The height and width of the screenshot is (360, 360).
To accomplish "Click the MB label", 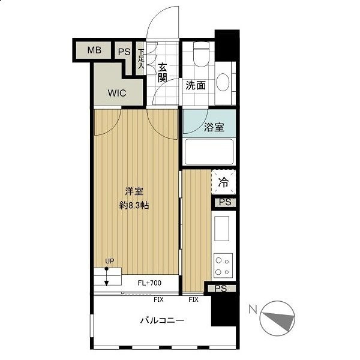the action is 94,50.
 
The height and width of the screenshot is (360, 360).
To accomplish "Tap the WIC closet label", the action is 117,93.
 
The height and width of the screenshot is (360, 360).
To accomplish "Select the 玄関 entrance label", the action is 163,73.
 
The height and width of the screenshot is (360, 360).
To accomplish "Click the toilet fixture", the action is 202,54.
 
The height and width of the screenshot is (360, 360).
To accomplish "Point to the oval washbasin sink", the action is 223,82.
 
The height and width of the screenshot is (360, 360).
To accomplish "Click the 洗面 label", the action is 196,85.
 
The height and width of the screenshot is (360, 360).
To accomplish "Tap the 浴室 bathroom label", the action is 214,127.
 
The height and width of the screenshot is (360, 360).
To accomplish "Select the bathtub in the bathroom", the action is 209,152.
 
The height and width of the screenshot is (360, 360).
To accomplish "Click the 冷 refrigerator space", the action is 224,182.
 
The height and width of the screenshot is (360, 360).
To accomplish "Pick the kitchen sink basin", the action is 221,229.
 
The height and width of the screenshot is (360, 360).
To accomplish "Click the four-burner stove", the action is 223,266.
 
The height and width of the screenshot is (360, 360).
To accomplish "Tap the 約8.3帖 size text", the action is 134,205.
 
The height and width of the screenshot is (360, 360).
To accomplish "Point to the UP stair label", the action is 110,261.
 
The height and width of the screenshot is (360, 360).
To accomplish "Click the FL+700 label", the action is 149,283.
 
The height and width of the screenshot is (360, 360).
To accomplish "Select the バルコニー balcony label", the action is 163,320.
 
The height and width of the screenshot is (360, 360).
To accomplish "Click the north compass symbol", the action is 277,319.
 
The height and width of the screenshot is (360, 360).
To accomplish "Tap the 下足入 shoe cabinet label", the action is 141,59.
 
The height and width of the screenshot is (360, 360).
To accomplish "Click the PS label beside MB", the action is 124,52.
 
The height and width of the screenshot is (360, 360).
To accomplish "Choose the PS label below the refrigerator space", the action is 225,202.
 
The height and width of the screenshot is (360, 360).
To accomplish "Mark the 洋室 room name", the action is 134,191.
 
